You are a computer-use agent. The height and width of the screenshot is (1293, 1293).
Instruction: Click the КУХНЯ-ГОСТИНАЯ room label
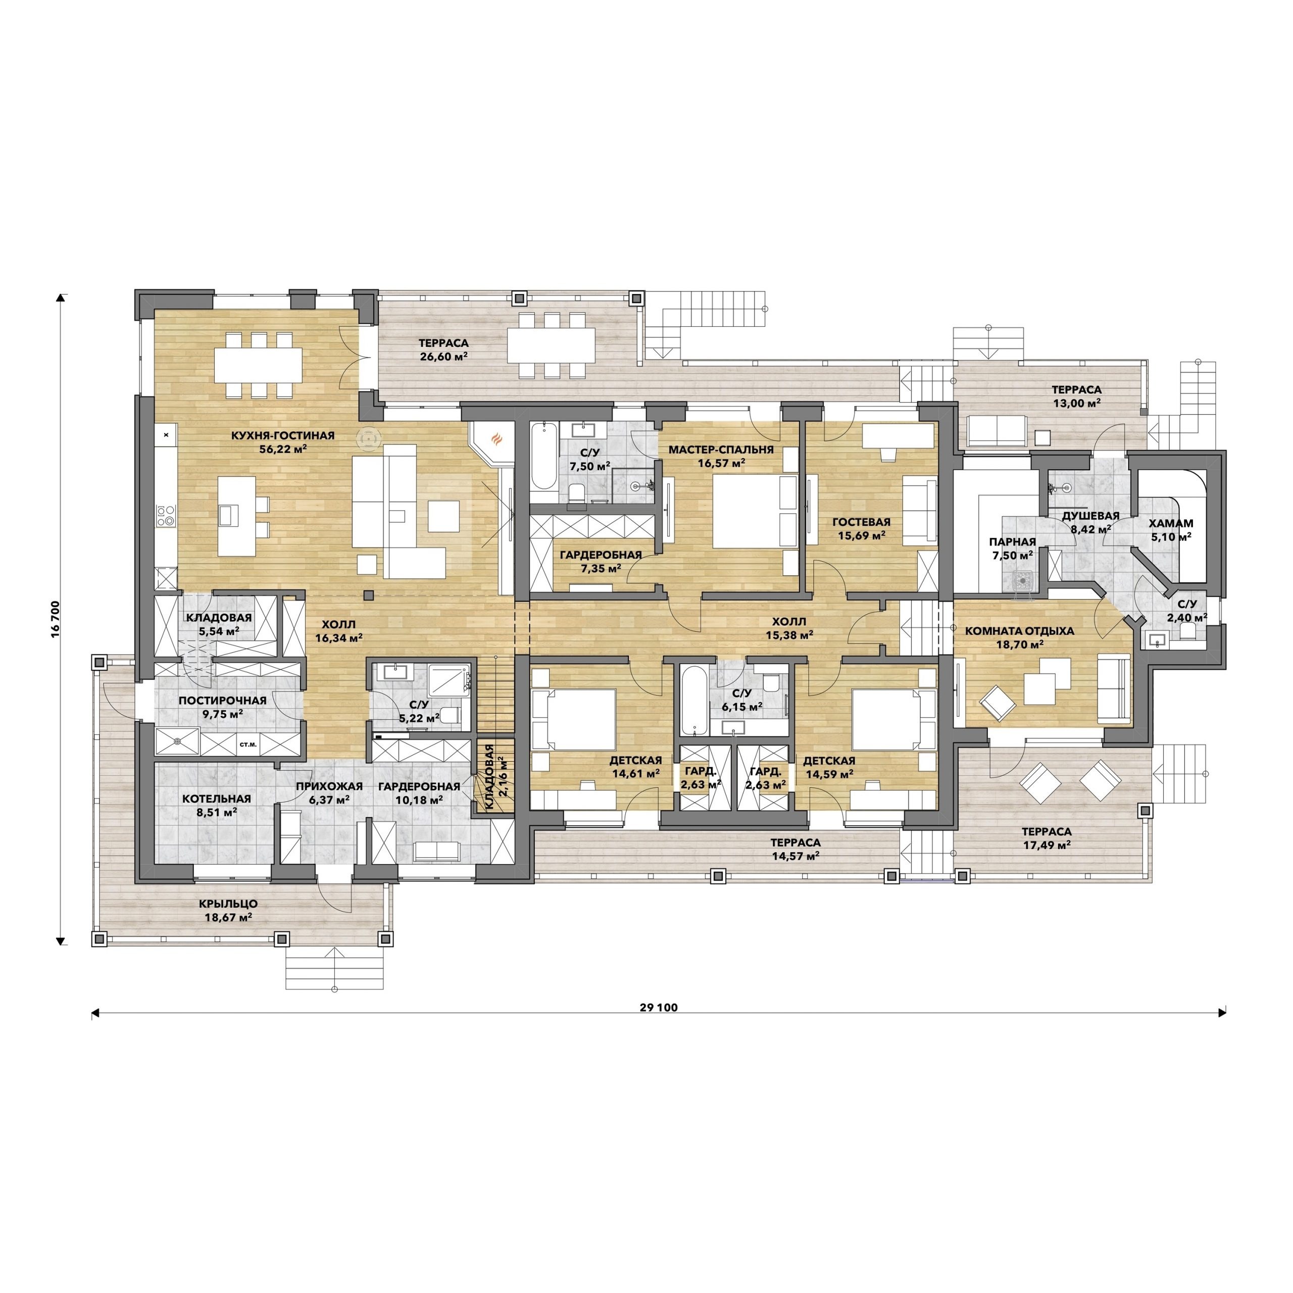(282, 436)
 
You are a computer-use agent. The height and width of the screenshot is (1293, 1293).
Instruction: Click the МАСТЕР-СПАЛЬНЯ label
(721, 450)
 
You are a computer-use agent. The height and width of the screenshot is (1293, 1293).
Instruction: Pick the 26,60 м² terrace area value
(444, 357)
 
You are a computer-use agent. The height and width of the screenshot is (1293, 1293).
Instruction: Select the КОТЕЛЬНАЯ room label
(217, 799)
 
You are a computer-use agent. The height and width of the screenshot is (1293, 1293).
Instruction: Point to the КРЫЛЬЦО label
(228, 904)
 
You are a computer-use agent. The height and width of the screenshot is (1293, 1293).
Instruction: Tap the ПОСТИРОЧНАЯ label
(223, 701)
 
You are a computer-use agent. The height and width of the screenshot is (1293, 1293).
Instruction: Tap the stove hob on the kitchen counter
(165, 515)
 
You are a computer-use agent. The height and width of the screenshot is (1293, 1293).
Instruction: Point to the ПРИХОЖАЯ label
(329, 786)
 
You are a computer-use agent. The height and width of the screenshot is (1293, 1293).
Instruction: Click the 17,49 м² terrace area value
(1047, 844)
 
